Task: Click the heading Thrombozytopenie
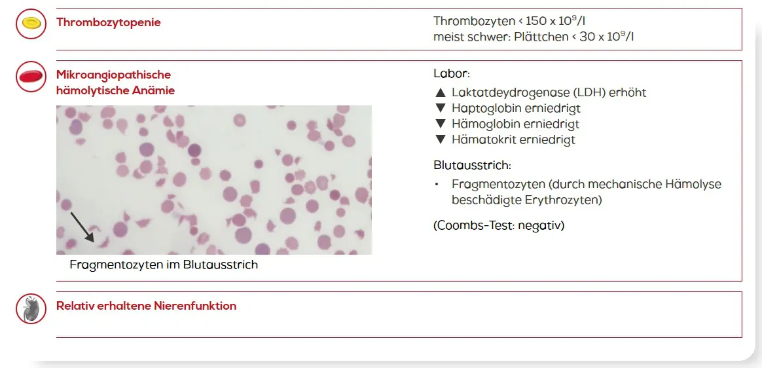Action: coord(109,22)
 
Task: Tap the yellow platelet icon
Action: coord(31,23)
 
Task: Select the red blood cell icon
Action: coord(31,77)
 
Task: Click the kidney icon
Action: coord(31,308)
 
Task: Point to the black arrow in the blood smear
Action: coord(82,227)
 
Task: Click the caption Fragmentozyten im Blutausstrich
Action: coord(164,265)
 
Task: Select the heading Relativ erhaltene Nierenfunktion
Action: coord(146,306)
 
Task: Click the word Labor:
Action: coord(452,75)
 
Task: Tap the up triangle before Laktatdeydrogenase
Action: coord(441,92)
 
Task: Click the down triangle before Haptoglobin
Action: coord(441,108)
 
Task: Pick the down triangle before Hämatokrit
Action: coord(441,140)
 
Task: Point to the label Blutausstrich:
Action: coord(473,165)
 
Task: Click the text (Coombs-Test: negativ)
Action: coord(499,226)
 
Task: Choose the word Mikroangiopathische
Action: coord(114,75)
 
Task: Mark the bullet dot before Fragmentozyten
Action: coord(437,185)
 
